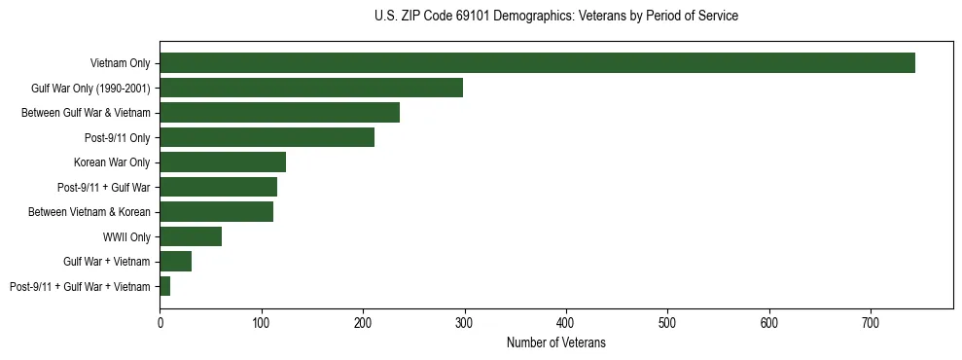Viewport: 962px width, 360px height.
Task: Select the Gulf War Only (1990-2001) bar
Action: [311, 88]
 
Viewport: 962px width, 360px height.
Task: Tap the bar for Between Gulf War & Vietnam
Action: [279, 113]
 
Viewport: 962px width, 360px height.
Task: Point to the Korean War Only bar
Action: [223, 162]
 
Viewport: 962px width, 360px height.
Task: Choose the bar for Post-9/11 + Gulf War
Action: [218, 187]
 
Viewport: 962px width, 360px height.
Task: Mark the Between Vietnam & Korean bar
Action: [216, 212]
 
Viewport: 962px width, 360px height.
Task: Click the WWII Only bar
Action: [191, 236]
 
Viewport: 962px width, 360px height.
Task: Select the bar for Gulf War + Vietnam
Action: [175, 262]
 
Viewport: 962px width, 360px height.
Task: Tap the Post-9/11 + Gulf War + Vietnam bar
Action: [165, 286]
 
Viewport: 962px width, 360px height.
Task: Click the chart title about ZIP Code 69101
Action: [555, 17]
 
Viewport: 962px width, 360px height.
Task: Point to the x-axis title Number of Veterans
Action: [555, 342]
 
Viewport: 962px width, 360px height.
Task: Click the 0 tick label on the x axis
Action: [160, 322]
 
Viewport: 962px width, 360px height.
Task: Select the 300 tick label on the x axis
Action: [464, 322]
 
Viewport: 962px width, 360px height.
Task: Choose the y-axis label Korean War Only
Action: [112, 162]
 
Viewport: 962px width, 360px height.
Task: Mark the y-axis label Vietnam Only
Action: [120, 63]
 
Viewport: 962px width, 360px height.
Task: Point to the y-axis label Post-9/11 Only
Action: [118, 138]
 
